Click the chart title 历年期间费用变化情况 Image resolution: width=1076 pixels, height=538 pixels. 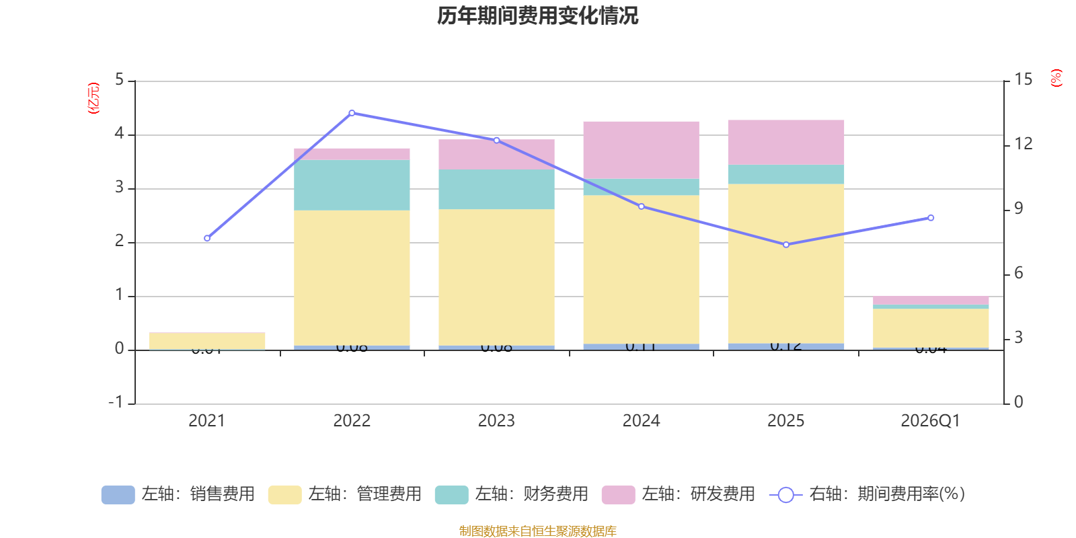tap(537, 15)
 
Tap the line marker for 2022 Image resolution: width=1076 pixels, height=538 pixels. tap(352, 113)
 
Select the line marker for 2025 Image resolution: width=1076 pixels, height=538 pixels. tap(786, 245)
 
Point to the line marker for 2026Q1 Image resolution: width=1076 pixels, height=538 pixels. tap(931, 218)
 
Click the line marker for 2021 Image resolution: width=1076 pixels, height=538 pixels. tap(207, 238)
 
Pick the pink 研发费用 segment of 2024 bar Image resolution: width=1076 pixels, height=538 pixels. tap(641, 150)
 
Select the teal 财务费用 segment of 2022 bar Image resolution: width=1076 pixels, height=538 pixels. tap(352, 185)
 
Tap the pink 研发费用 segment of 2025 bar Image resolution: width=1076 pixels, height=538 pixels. tap(786, 143)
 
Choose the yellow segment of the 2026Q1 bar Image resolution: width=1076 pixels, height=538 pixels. tap(931, 328)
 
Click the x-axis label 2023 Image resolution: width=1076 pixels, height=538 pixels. tap(496, 421)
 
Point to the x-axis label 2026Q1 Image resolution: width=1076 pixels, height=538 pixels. tap(930, 421)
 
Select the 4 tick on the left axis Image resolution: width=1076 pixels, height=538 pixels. tap(120, 134)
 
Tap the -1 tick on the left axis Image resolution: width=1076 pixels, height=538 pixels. tap(116, 402)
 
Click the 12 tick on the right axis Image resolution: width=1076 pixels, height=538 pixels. tap(1024, 144)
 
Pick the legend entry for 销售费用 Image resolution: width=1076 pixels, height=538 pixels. tap(178, 494)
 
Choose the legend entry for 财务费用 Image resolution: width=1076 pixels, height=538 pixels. tap(512, 494)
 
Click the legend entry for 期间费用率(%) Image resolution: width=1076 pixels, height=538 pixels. tap(868, 494)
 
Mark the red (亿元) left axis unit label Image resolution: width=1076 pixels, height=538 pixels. tap(93, 98)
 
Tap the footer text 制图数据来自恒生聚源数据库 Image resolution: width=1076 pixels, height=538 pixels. tap(537, 531)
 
